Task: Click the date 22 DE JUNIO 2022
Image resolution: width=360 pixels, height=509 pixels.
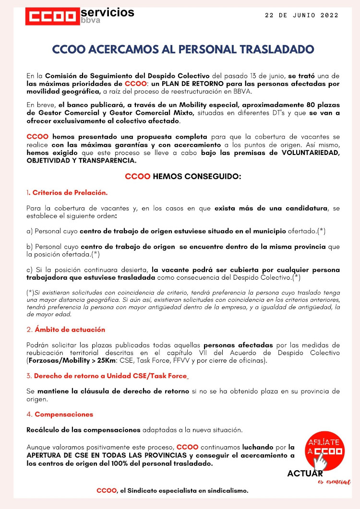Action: [302, 15]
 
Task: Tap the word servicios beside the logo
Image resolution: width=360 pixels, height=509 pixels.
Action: [108, 12]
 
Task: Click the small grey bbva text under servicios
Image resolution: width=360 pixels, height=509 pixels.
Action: [91, 22]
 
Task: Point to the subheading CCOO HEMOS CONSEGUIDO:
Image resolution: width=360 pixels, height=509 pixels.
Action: [183, 176]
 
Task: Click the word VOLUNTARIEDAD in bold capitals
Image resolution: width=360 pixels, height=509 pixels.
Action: [308, 153]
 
